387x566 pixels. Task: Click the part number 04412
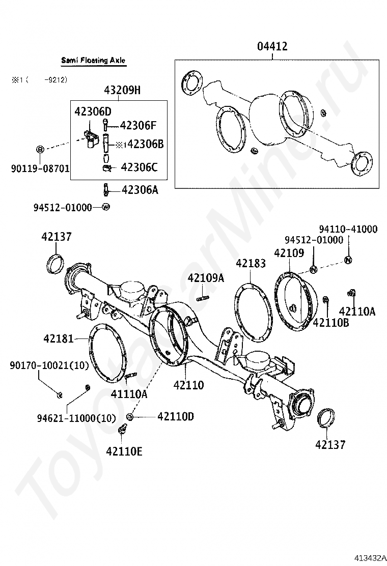click(x=272, y=47)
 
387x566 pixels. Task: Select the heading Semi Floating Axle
click(x=93, y=61)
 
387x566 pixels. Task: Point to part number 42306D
click(x=93, y=111)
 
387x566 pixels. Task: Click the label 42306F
click(x=139, y=125)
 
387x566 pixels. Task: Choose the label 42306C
click(x=139, y=166)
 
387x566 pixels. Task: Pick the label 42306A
click(x=140, y=190)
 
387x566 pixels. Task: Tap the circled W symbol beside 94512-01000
click(x=106, y=207)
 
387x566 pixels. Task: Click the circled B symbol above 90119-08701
click(x=40, y=149)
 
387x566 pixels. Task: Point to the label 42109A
click(x=206, y=277)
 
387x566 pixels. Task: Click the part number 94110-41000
click(x=348, y=230)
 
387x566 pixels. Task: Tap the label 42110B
click(x=330, y=322)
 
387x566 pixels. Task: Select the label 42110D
click(x=176, y=416)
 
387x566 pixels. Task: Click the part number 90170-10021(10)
click(x=49, y=365)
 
